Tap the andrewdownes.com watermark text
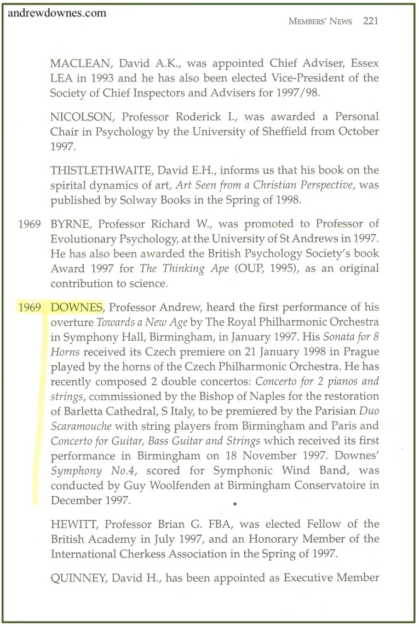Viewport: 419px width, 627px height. click(58, 14)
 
